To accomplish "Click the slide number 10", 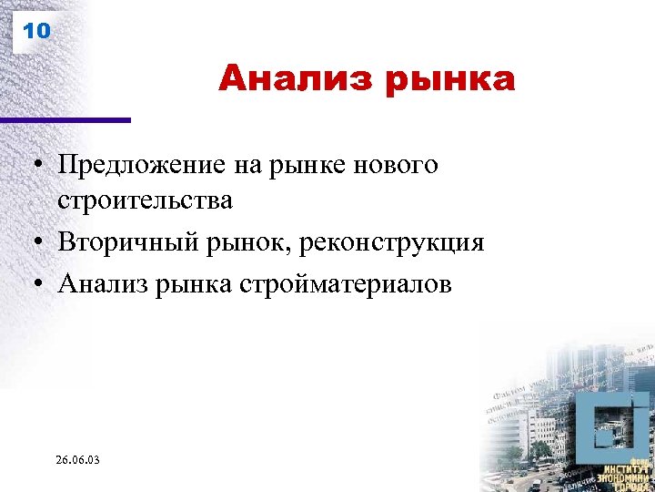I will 36,31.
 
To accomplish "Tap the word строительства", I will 145,200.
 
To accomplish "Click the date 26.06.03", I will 77,461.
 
